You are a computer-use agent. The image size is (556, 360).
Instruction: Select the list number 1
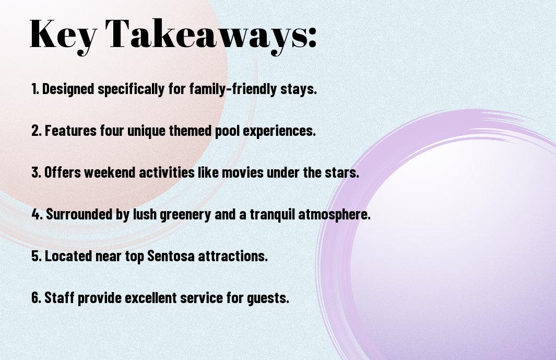[x=35, y=89]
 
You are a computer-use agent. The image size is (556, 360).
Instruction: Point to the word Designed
[x=68, y=89]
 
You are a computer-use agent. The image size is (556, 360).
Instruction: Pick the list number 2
[x=37, y=131]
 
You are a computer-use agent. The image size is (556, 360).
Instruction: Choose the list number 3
[x=37, y=172]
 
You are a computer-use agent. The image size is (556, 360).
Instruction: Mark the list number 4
[x=37, y=214]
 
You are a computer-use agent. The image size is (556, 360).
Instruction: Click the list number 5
[x=37, y=256]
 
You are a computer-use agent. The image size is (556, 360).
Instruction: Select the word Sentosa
[x=171, y=256]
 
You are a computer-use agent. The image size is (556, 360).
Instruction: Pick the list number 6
[x=37, y=297]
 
